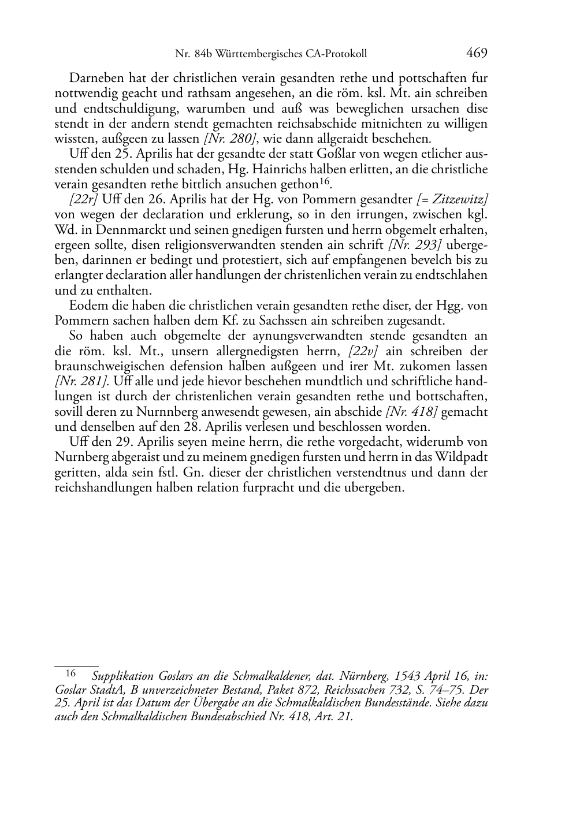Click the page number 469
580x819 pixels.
click(477, 54)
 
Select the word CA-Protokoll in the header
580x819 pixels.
click(338, 54)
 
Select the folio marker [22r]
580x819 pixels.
click(83, 199)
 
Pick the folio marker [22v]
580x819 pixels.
click(362, 351)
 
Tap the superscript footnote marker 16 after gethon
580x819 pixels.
click(325, 181)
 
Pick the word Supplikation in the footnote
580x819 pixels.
click(122, 676)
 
